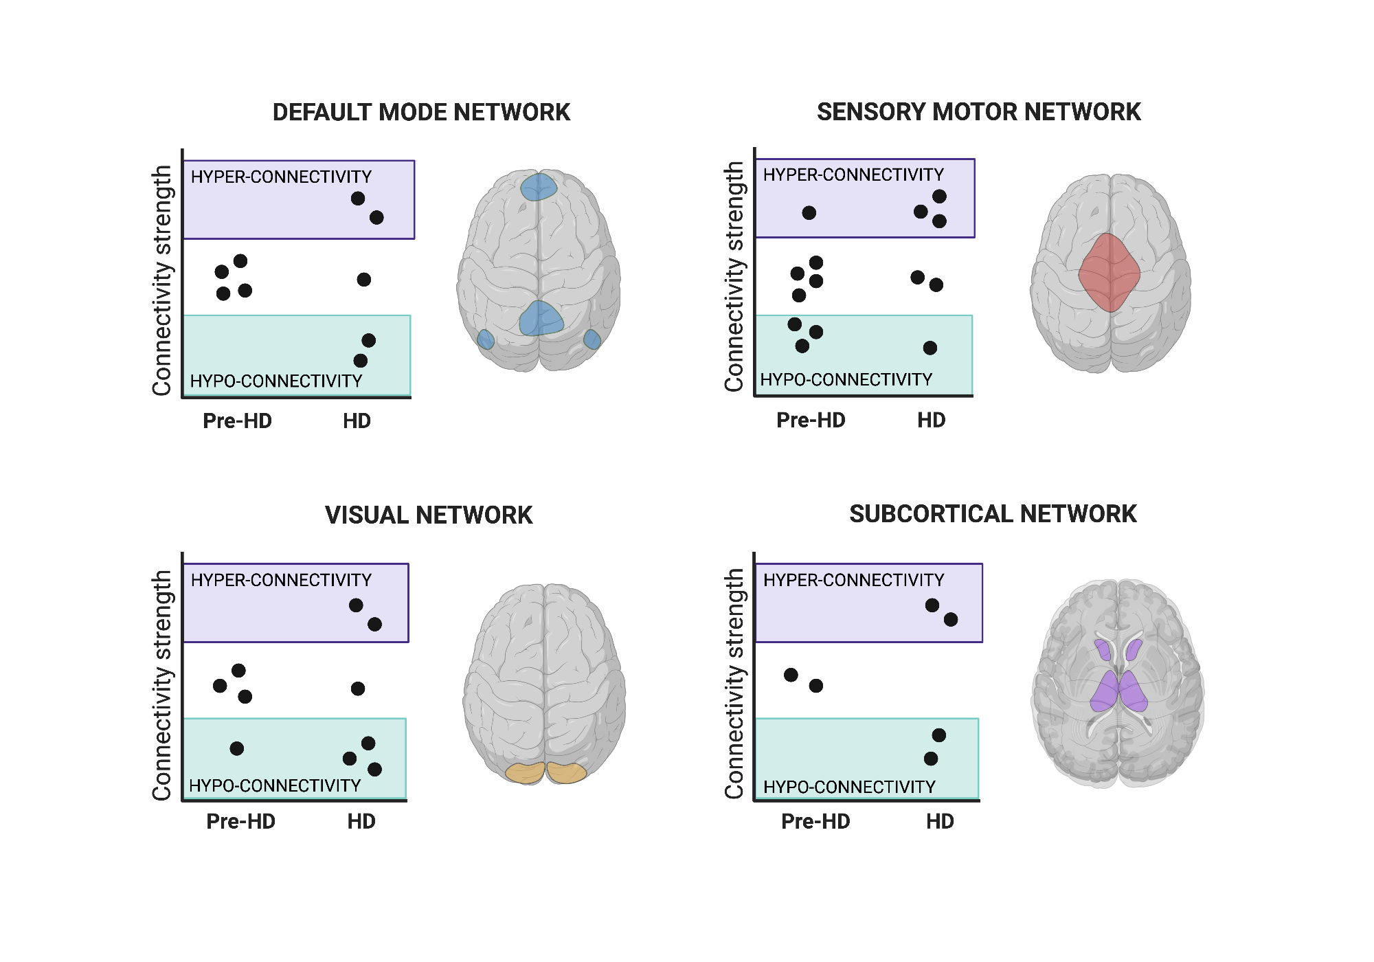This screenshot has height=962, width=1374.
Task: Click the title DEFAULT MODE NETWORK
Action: (421, 112)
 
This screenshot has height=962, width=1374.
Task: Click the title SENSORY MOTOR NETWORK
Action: (978, 111)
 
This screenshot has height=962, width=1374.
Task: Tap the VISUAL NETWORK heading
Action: (429, 515)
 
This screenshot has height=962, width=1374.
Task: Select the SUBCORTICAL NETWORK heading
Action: (993, 513)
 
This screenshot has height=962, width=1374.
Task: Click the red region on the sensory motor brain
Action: (1109, 272)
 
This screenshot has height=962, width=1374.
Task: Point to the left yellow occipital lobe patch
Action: (525, 772)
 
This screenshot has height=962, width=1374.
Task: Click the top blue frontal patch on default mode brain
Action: (539, 187)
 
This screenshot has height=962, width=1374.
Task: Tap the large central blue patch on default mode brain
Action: (541, 319)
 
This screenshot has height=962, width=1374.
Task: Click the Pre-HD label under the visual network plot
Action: (240, 821)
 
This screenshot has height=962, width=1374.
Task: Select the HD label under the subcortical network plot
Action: (940, 821)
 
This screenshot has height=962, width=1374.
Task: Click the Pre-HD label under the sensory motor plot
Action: (811, 420)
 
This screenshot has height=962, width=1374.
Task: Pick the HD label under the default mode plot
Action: (357, 421)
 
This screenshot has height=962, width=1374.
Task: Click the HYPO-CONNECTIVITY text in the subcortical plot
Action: (849, 787)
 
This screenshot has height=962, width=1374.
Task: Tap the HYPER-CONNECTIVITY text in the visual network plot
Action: (281, 580)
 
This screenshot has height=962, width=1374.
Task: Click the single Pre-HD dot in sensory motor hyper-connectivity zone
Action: (809, 213)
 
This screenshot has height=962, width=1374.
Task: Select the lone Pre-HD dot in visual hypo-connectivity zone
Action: (237, 748)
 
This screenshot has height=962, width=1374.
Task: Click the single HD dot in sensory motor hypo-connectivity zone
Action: (930, 348)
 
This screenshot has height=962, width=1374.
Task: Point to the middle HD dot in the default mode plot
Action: (364, 280)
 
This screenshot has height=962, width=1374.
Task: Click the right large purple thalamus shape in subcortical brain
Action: (1134, 691)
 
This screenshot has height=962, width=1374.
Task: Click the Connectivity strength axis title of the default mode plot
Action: (162, 280)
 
